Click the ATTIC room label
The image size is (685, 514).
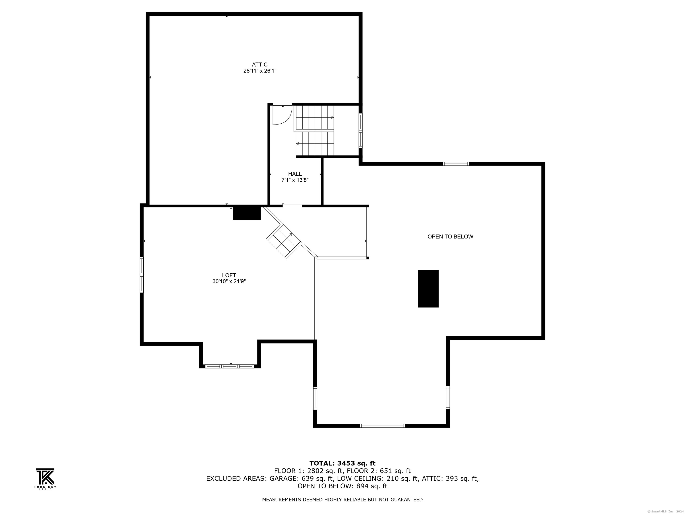(x=260, y=64)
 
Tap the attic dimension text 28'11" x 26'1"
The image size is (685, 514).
(x=260, y=71)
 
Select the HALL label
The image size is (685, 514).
(x=295, y=174)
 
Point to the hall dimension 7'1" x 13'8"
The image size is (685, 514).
(x=295, y=180)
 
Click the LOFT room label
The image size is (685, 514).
(x=229, y=275)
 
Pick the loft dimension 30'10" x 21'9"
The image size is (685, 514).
(x=229, y=282)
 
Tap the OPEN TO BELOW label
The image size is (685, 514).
(x=450, y=237)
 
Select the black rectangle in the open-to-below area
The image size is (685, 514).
(x=428, y=289)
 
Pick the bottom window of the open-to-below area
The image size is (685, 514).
(x=382, y=426)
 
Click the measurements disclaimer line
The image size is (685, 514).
(x=342, y=499)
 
